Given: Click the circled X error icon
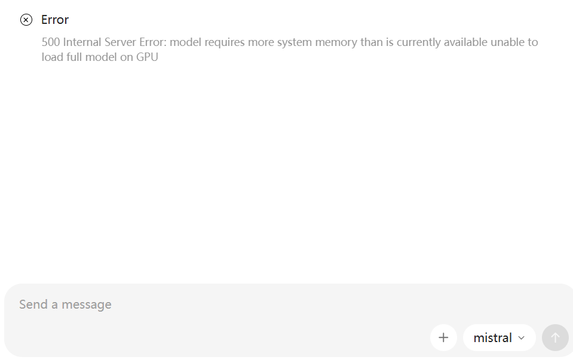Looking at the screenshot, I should point(26,20).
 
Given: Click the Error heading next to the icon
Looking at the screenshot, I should point(55,20).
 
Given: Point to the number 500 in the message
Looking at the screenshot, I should point(51,42).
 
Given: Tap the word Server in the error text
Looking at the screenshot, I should point(122,42).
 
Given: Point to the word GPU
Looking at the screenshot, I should point(147,57).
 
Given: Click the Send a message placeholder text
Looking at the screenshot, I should point(65,304).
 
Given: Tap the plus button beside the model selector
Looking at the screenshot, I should point(443,338).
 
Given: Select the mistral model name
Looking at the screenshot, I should point(492,338).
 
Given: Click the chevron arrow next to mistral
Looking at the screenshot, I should point(521,338).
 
